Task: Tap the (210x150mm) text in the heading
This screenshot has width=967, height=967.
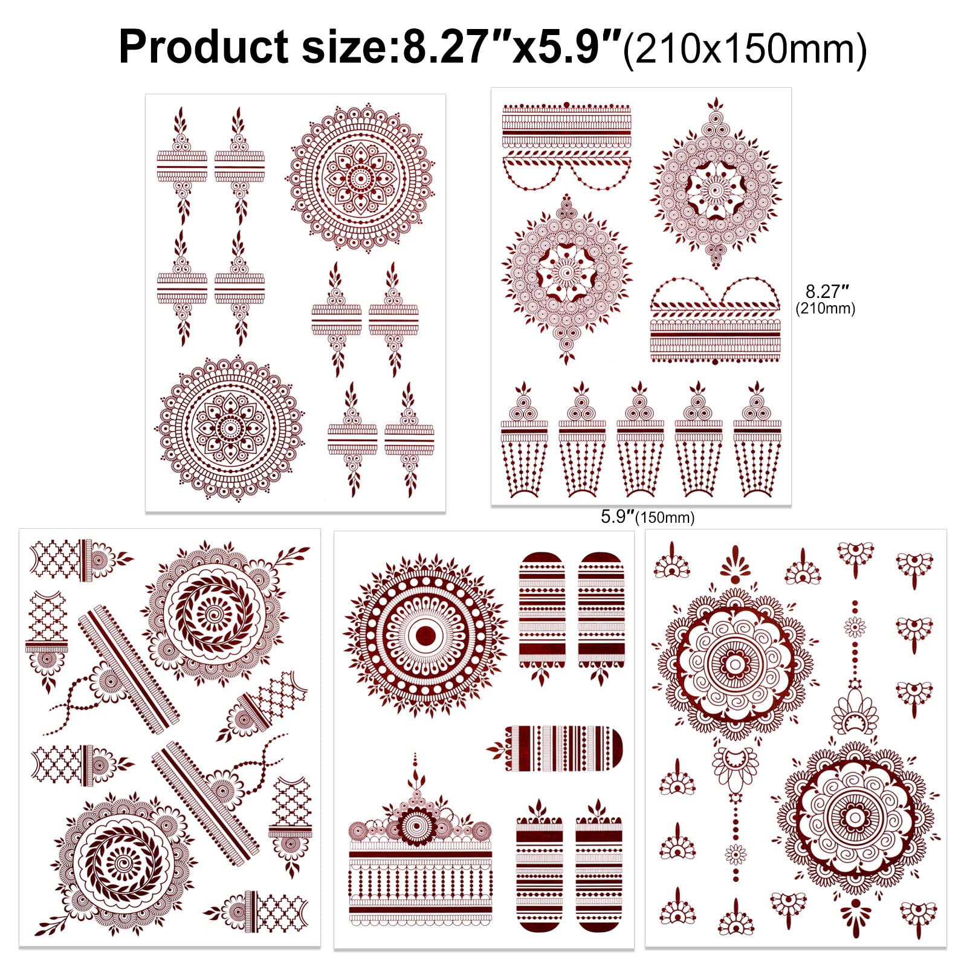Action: point(745,48)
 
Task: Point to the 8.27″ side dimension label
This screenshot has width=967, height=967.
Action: point(823,292)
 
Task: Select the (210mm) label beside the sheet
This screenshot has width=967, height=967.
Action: point(825,309)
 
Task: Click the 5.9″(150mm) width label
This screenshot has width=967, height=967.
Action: point(647,517)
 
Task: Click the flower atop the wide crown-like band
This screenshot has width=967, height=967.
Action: point(416,823)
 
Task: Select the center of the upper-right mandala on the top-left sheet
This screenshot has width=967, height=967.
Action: point(360,178)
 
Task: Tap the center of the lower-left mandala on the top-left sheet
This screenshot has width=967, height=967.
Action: point(229,428)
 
